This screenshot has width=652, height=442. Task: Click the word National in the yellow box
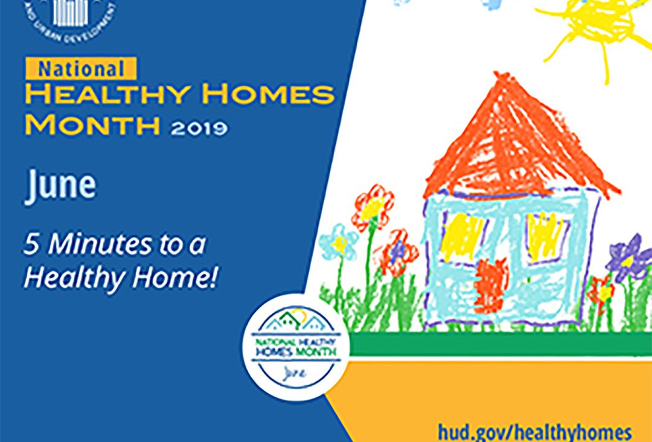[x=81, y=68]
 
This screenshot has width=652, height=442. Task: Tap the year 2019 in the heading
[x=199, y=127]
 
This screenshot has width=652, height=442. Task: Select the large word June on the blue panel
[x=60, y=185]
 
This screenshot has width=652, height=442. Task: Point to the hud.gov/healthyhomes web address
[x=535, y=432]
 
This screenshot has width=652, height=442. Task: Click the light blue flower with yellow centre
[x=339, y=242]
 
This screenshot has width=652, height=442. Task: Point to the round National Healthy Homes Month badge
[x=296, y=347]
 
